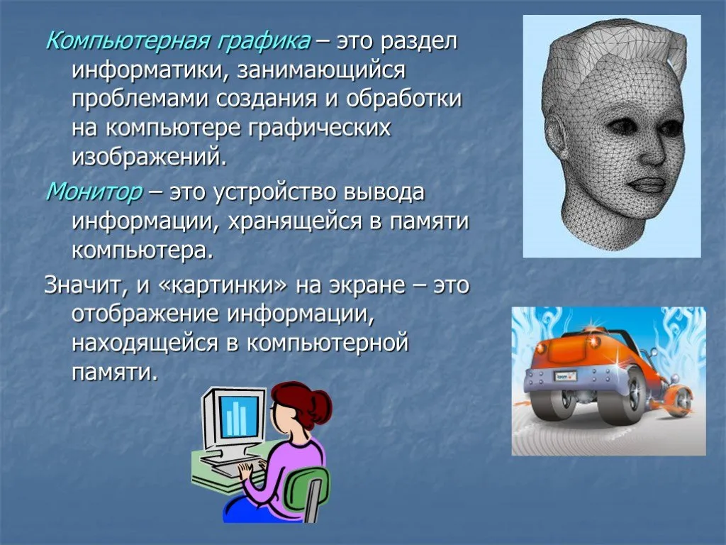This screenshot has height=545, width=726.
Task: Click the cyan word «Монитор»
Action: point(94,192)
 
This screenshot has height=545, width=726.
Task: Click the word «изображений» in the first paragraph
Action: point(149,157)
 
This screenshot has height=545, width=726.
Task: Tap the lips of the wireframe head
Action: point(647,185)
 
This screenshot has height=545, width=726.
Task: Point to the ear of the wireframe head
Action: point(555,133)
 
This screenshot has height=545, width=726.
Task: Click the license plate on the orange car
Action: point(565,375)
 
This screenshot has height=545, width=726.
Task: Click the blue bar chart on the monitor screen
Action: point(237,416)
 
